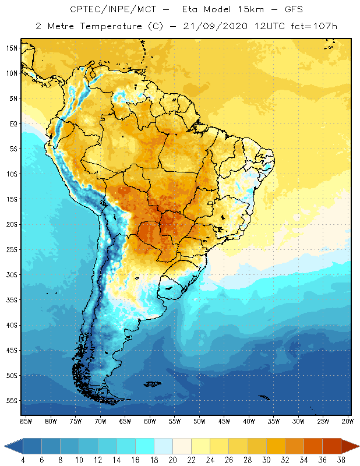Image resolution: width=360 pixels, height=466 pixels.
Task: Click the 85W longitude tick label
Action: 26,421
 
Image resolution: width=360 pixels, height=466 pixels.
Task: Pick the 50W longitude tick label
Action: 199,421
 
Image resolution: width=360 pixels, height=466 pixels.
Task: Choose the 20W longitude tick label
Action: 348,421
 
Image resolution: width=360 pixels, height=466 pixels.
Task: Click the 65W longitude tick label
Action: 125,421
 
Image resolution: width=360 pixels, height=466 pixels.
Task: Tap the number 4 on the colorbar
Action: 23,460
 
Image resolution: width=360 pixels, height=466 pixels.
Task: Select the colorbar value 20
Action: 172,460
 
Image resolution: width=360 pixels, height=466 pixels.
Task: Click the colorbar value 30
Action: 266,460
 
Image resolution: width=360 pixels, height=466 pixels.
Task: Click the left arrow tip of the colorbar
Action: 5,446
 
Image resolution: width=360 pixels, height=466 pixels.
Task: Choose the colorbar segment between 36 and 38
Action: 331,446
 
